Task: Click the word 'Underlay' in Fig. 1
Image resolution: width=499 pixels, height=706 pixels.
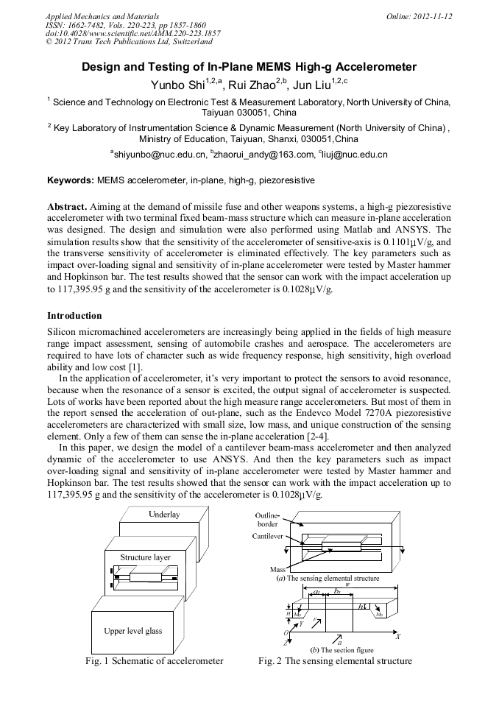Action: point(163,515)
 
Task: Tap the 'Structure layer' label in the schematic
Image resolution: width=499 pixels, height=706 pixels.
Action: point(145,557)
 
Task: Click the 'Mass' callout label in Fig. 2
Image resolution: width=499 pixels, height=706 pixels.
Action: point(277,570)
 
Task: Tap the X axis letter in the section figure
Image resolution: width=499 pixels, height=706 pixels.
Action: point(398,635)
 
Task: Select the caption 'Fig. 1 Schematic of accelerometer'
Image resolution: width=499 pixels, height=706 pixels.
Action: point(154,660)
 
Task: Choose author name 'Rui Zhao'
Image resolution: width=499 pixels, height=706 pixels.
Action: point(252,85)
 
